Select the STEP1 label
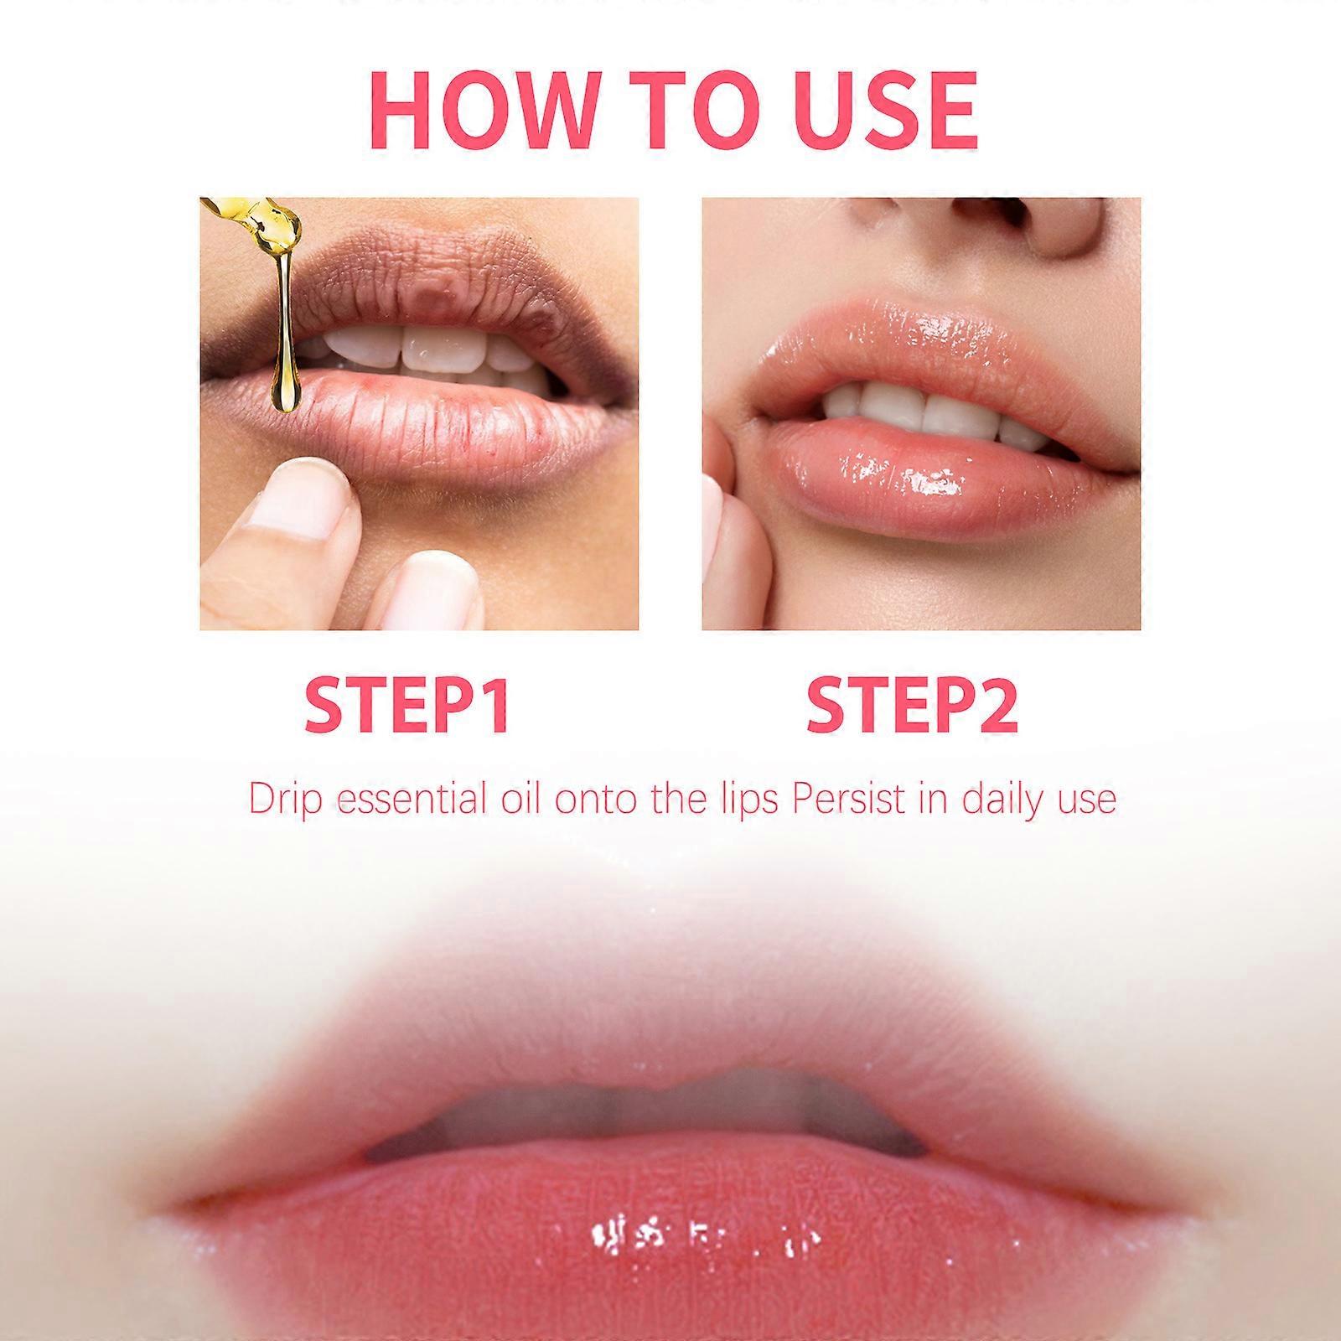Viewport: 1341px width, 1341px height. [407, 706]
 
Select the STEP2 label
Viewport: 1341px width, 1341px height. [912, 706]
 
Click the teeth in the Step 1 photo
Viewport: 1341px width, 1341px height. [427, 352]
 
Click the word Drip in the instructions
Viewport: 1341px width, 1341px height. [285, 799]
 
